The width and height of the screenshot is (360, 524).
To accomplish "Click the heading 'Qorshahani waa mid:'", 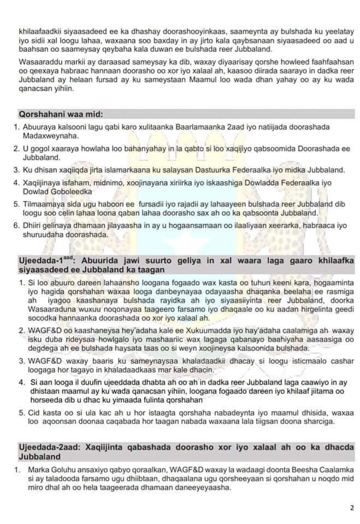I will tap(61, 115).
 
